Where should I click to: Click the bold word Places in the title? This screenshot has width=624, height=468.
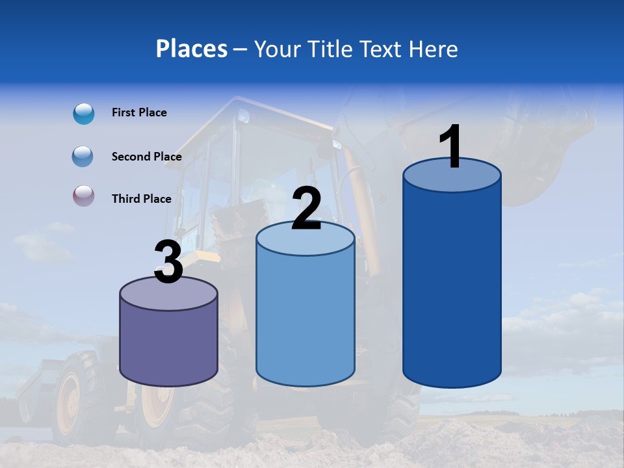192,49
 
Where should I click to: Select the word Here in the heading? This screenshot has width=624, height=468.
433,49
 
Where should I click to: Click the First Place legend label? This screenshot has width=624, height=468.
139,112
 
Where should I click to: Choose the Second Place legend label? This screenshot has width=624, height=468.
146,157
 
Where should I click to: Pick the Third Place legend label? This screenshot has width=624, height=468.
141,199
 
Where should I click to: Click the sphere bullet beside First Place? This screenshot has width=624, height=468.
84,114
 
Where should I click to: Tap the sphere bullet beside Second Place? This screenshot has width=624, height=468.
83,156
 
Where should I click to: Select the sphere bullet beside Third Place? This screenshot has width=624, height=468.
83,196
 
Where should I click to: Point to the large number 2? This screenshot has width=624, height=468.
306,209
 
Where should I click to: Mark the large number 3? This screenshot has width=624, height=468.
168,262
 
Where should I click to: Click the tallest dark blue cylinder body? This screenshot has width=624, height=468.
452,286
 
